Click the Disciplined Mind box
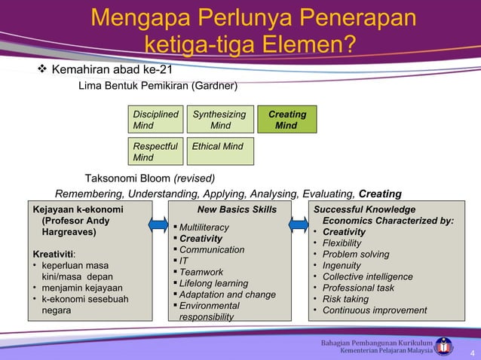(156, 120)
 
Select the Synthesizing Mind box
(219, 120)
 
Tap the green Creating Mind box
(286, 120)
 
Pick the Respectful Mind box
(156, 151)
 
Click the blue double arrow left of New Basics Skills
(159, 225)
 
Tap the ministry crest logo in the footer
(446, 345)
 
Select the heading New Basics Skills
(237, 209)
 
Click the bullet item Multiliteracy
(204, 227)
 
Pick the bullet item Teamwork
(201, 272)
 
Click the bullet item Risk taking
(345, 299)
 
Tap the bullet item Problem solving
(356, 255)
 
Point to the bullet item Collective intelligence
(367, 276)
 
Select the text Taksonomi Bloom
(127, 178)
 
